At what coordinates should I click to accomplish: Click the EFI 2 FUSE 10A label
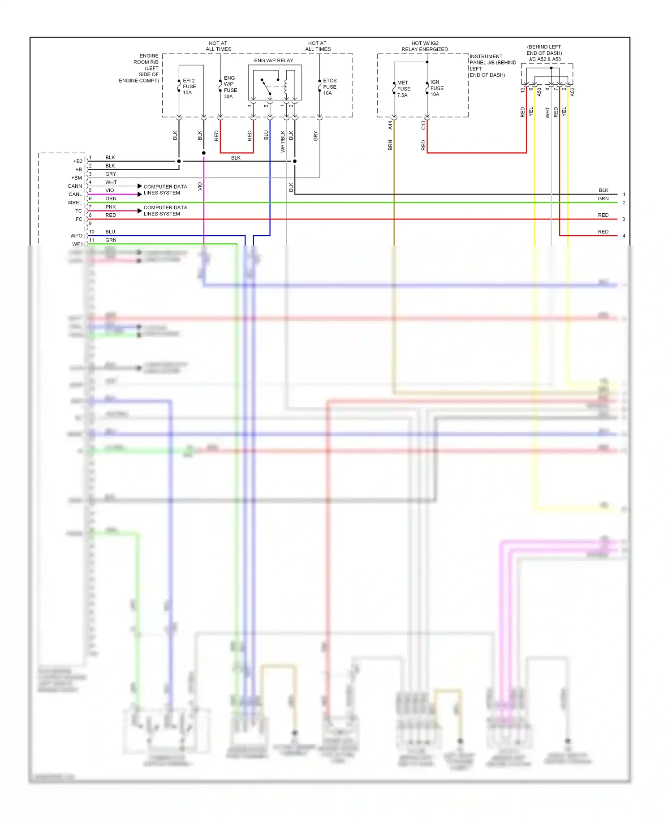189,86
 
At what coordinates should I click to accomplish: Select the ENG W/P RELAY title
273,60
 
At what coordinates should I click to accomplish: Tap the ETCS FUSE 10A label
330,87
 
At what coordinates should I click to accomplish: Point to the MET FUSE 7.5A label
403,89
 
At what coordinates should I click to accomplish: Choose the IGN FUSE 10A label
437,88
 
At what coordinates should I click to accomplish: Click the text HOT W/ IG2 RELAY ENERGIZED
424,46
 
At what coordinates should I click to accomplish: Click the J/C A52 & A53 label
544,59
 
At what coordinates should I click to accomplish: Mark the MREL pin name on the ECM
75,203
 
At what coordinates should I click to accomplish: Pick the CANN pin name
75,186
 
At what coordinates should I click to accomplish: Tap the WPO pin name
76,236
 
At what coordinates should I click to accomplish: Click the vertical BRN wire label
390,145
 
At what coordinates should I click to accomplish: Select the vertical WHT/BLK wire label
283,142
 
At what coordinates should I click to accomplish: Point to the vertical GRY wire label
315,136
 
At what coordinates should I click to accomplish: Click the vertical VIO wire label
200,186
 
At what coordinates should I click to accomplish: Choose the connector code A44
390,125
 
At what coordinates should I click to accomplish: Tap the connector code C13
423,125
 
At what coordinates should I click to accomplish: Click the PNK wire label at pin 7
110,207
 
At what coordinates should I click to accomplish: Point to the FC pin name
79,219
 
